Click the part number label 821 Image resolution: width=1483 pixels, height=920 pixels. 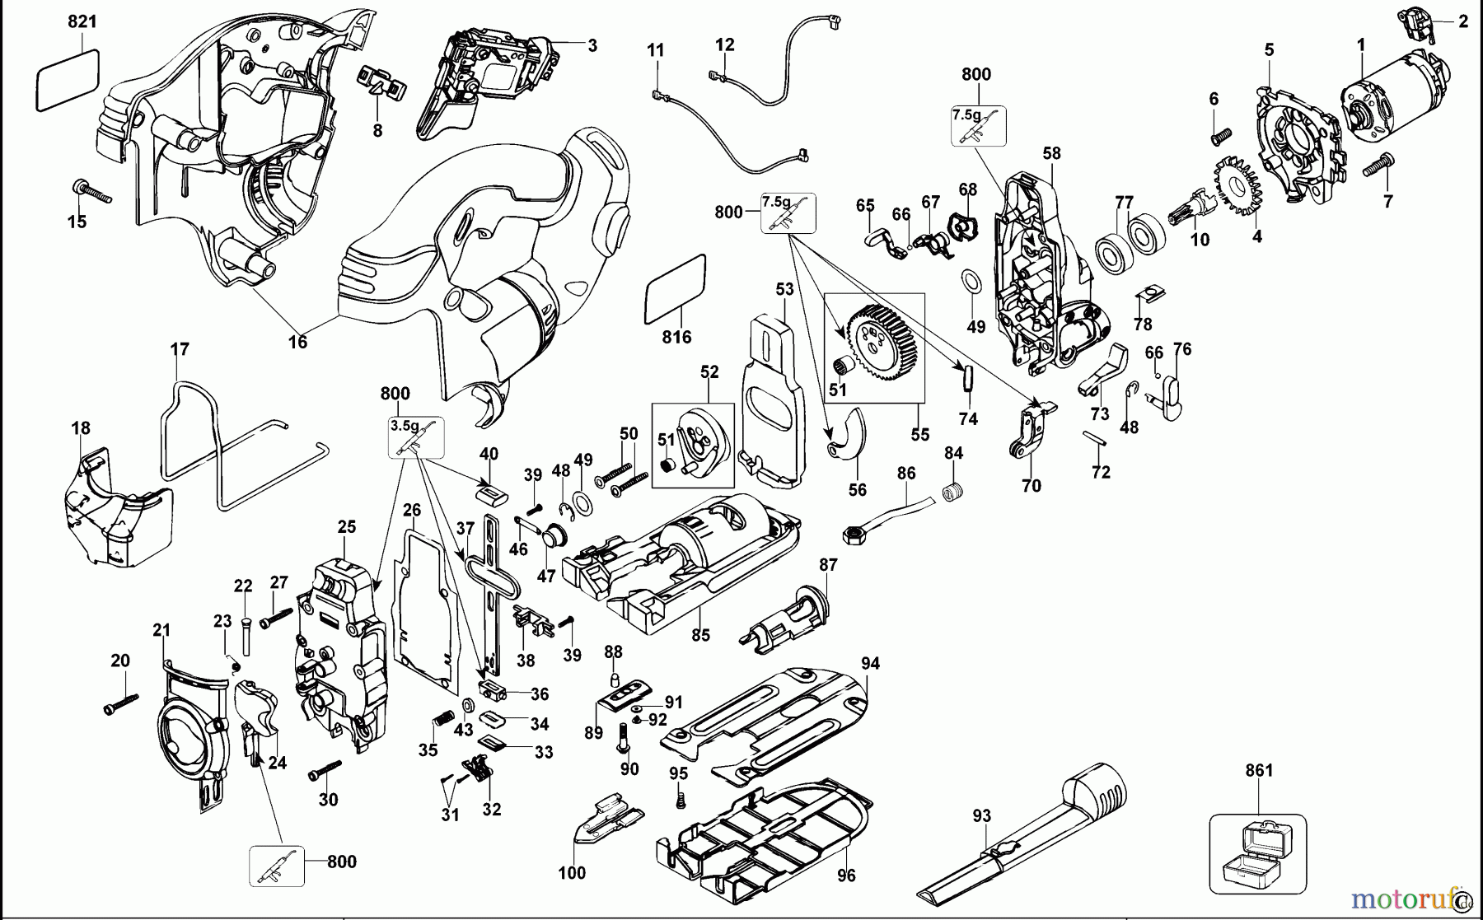coord(82,22)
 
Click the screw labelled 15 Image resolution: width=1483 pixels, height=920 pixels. coord(91,193)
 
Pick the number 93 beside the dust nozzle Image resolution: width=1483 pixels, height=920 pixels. coord(981,816)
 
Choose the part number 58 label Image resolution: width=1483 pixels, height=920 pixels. coord(1051,153)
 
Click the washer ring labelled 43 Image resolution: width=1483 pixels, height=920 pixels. coord(467,706)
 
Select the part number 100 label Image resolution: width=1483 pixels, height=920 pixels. coord(572,873)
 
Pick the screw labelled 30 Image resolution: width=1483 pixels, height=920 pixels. coord(325,770)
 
